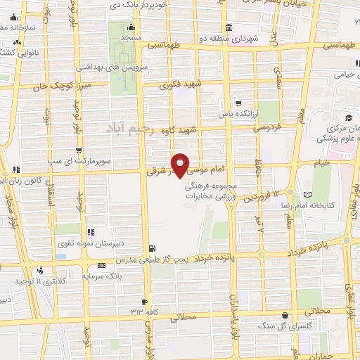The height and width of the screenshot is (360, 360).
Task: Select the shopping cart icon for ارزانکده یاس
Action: pyautogui.click(x=238, y=103)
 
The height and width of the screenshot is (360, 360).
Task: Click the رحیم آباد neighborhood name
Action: pyautogui.click(x=130, y=129)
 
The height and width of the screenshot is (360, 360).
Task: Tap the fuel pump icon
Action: pyautogui.click(x=152, y=247)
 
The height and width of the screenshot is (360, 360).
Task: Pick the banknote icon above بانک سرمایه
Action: pyautogui.click(x=101, y=265)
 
